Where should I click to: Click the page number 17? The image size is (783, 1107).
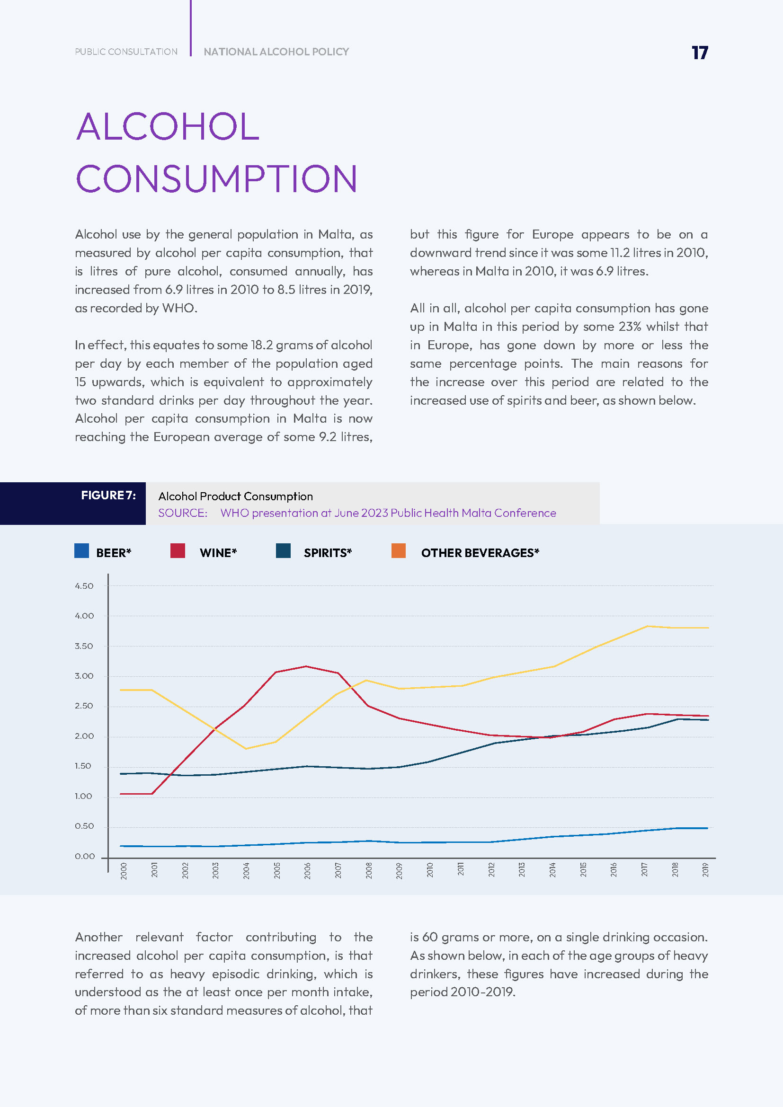pyautogui.click(x=699, y=53)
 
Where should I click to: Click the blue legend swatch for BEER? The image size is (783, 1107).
pyautogui.click(x=81, y=550)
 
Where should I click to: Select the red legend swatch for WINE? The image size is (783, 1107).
pyautogui.click(x=178, y=550)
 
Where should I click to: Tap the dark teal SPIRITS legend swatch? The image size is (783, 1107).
pyautogui.click(x=283, y=550)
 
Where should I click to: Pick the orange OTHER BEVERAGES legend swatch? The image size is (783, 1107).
pyautogui.click(x=398, y=550)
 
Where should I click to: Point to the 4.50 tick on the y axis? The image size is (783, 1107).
pyautogui.click(x=84, y=586)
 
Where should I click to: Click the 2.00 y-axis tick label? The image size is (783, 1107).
pyautogui.click(x=84, y=736)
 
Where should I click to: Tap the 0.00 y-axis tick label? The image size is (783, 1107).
pyautogui.click(x=84, y=856)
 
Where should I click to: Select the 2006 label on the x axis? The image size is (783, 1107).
pyautogui.click(x=307, y=871)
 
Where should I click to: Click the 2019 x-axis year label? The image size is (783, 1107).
pyautogui.click(x=705, y=870)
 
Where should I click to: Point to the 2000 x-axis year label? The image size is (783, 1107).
pyautogui.click(x=124, y=871)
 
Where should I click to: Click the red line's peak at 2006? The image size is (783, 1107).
pyautogui.click(x=306, y=666)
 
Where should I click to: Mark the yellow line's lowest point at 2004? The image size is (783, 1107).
pyautogui.click(x=245, y=749)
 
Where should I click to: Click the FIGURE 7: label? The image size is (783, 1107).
pyautogui.click(x=108, y=496)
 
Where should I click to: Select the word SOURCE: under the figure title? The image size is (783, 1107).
pyautogui.click(x=183, y=513)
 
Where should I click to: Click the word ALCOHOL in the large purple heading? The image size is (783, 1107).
pyautogui.click(x=168, y=127)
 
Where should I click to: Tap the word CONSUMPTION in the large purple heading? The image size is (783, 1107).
pyautogui.click(x=216, y=179)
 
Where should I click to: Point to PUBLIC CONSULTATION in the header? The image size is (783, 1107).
pyautogui.click(x=126, y=52)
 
